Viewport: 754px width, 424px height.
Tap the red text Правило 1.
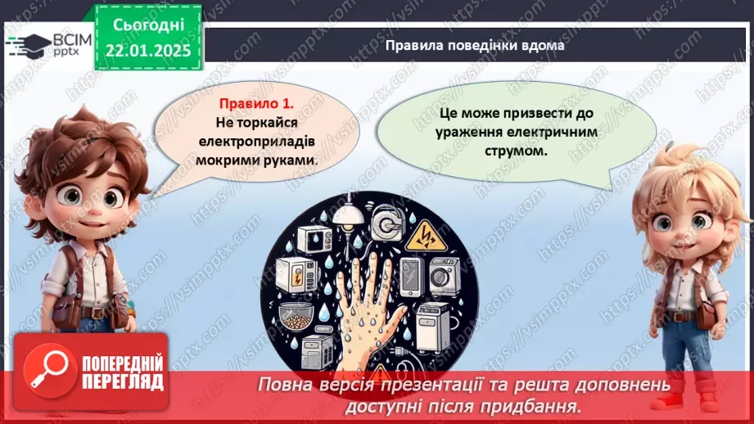pyautogui.click(x=255, y=105)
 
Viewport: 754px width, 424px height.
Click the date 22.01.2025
pyautogui.click(x=147, y=50)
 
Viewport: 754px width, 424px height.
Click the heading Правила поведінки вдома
pyautogui.click(x=475, y=46)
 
